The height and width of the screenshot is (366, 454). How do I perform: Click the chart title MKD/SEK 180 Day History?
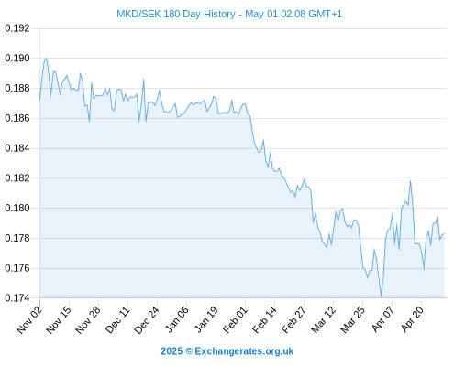(x=176, y=14)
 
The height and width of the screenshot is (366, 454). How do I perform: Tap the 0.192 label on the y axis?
(x=17, y=28)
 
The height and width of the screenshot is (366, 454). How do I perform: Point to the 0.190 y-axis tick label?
(x=17, y=58)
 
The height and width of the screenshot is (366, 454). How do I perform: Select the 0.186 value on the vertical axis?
(x=17, y=118)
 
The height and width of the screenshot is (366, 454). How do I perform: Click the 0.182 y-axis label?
(x=17, y=178)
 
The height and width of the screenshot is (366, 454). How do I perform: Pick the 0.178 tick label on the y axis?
(x=17, y=238)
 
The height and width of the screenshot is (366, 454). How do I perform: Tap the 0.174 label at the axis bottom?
(x=17, y=297)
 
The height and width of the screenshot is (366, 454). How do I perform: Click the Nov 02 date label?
(x=29, y=319)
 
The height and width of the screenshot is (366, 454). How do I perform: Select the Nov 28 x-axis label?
(x=88, y=319)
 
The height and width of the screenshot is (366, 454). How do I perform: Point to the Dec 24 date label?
(x=147, y=319)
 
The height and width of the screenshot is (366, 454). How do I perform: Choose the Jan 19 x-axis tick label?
(x=205, y=319)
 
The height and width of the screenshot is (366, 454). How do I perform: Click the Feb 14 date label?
(x=264, y=319)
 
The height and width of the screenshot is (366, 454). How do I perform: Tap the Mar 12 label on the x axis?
(x=323, y=319)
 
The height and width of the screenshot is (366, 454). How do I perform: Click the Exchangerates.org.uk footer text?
(x=244, y=351)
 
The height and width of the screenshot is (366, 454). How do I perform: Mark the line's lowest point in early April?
(x=381, y=296)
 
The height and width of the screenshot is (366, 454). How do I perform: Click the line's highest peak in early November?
(x=46, y=58)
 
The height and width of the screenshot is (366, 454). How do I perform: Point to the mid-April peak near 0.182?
(x=410, y=180)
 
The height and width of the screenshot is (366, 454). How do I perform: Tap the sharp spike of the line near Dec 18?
(x=143, y=80)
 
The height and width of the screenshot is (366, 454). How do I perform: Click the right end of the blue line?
(x=444, y=234)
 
